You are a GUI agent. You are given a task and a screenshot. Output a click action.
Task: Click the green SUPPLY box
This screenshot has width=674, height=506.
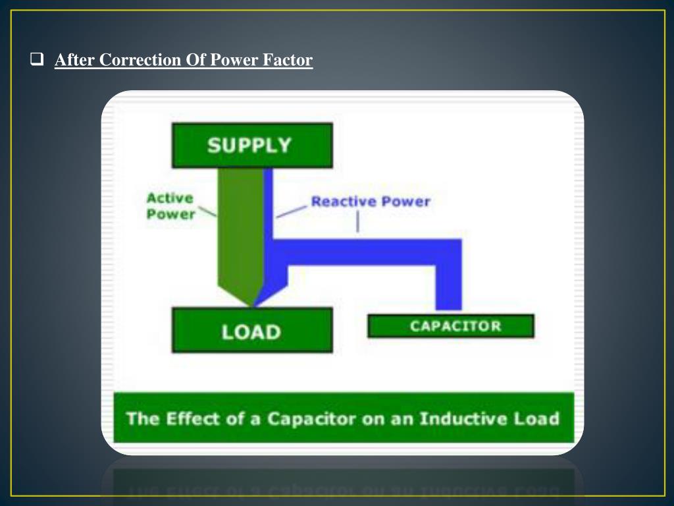252,145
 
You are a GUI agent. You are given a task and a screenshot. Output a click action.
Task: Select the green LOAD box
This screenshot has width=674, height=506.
252,331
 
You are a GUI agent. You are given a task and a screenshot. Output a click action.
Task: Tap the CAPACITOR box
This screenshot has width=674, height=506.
451,326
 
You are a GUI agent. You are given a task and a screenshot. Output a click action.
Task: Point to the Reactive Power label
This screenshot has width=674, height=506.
370,201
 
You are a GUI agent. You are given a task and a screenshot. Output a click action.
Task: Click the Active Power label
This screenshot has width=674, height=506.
170,206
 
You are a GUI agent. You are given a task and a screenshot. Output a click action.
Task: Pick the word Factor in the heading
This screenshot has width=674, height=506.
288,61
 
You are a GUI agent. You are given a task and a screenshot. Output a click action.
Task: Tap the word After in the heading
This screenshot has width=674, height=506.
74,61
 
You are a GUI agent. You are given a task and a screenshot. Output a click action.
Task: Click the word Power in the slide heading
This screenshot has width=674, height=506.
234,61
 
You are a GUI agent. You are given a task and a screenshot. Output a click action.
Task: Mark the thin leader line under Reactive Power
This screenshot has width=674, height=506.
357,222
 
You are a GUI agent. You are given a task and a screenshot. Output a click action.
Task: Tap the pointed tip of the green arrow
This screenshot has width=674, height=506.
252,304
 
